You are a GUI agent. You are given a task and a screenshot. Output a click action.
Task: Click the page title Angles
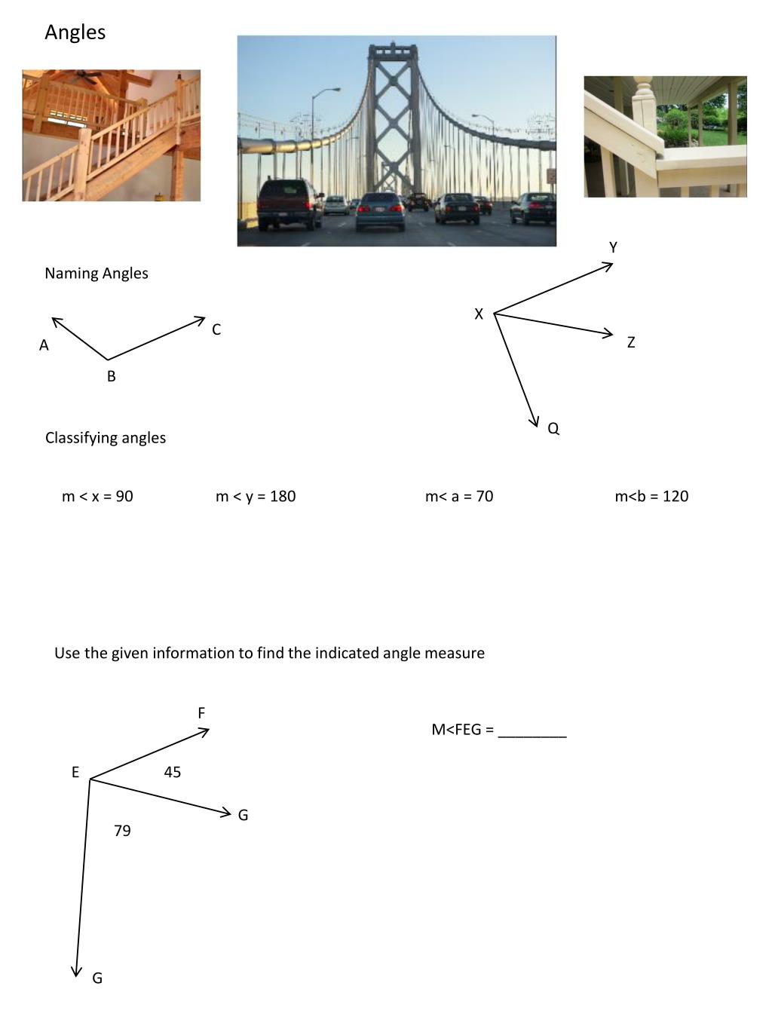click(75, 32)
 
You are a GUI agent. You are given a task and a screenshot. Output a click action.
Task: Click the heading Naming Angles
click(96, 274)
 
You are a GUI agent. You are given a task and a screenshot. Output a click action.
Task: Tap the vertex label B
click(112, 376)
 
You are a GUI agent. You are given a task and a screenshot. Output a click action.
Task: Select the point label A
click(44, 345)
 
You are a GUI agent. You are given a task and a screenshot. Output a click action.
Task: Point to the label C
click(216, 329)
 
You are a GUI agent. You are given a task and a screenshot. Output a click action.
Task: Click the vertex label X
click(479, 314)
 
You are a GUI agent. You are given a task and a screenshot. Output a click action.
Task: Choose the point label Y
click(613, 247)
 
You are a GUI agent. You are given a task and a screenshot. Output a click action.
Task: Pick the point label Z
click(631, 342)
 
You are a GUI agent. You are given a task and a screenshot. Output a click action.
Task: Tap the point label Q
click(553, 428)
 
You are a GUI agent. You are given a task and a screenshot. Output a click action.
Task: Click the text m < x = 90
click(97, 496)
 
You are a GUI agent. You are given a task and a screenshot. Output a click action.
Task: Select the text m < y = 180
click(256, 496)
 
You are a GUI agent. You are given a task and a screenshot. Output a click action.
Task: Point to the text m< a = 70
click(459, 496)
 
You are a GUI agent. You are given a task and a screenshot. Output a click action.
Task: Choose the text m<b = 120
click(651, 496)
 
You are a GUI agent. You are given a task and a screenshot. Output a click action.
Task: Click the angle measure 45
click(173, 772)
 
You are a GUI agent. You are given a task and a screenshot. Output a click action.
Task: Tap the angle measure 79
click(122, 831)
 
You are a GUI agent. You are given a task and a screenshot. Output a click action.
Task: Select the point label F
click(201, 713)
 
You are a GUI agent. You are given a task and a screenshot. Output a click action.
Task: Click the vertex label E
click(75, 772)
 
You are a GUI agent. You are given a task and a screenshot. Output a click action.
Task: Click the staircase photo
click(112, 136)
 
